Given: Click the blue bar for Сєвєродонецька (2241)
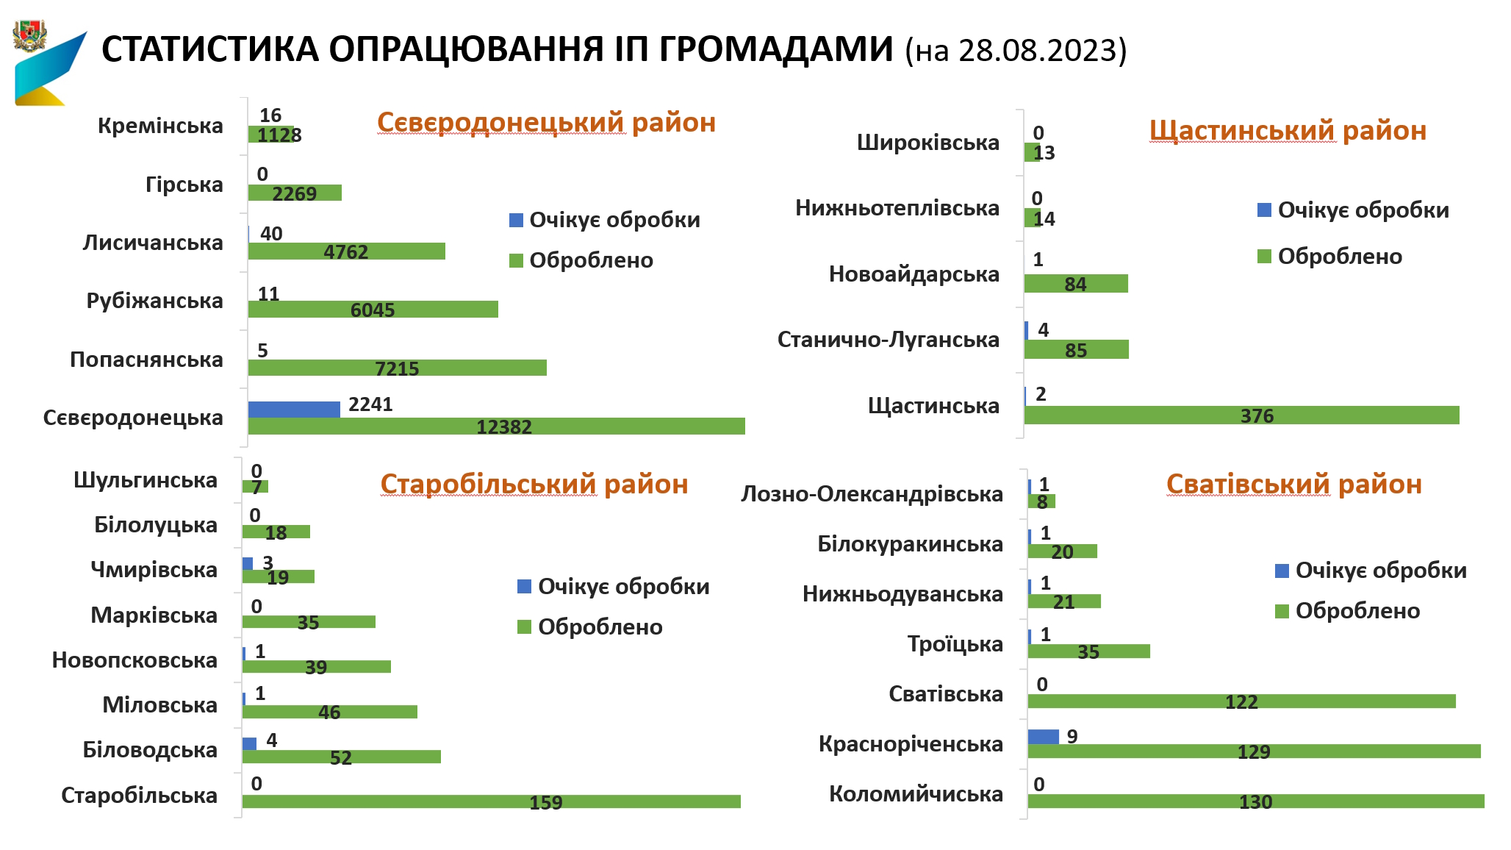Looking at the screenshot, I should click(x=294, y=410).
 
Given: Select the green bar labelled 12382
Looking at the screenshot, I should click(x=496, y=426).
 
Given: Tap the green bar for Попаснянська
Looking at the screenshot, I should click(x=397, y=368).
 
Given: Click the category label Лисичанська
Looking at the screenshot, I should click(x=153, y=243).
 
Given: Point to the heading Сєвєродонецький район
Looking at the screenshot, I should click(x=546, y=123).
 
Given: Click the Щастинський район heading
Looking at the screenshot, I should click(x=1288, y=131).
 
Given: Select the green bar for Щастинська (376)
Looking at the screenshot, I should click(x=1241, y=415).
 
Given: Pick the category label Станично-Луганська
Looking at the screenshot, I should click(x=888, y=340).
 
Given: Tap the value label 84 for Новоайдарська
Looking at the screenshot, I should click(x=1075, y=285).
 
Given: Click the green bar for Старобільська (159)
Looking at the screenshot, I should click(x=491, y=801).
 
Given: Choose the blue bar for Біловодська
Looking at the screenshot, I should click(x=249, y=743).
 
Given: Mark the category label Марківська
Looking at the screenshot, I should click(x=154, y=615).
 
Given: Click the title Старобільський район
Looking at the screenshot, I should click(x=534, y=485).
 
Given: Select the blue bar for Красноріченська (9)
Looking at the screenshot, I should click(x=1043, y=737).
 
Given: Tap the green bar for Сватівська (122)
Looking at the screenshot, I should click(x=1241, y=701).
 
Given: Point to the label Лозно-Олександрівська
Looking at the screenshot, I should click(x=872, y=494).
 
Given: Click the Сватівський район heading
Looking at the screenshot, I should click(x=1293, y=485).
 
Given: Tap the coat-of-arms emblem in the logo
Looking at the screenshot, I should click(x=29, y=36).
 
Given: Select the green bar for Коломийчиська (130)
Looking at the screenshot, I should click(x=1255, y=801).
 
